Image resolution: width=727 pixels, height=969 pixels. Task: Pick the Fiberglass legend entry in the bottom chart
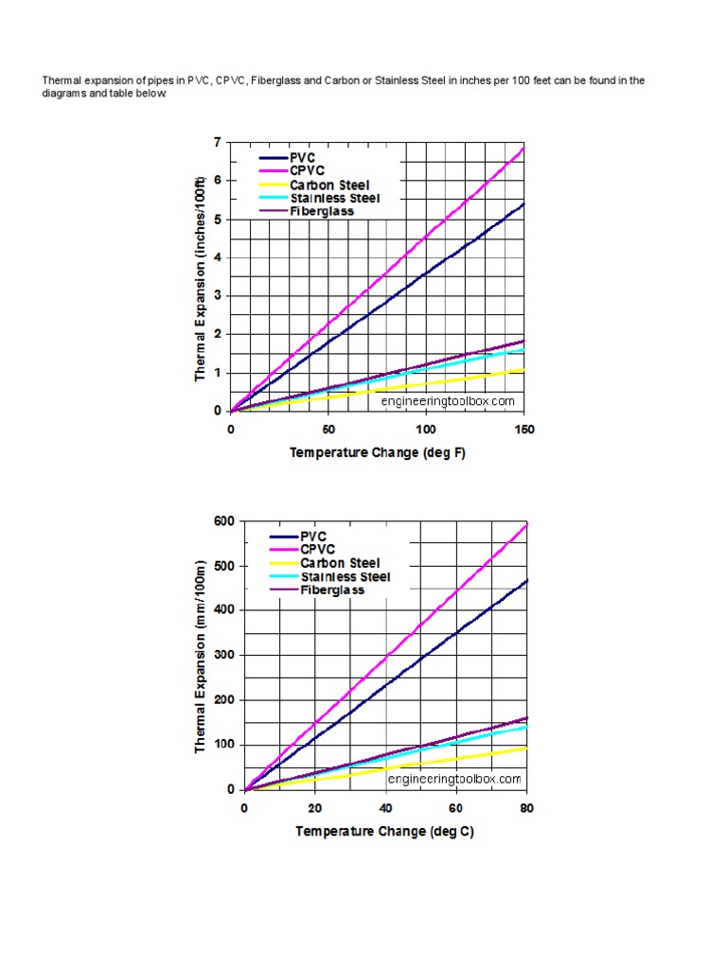point(332,590)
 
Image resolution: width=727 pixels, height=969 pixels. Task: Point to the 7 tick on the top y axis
point(218,142)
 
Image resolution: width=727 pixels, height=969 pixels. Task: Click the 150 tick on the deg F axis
point(523,429)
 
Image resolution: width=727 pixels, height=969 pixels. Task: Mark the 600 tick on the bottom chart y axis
point(223,521)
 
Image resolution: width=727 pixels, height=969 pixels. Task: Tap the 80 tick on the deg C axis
point(526,808)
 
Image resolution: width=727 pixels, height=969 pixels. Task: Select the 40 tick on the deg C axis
point(385,808)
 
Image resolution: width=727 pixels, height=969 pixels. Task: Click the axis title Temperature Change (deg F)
point(377,452)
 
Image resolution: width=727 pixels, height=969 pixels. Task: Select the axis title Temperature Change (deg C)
point(384,832)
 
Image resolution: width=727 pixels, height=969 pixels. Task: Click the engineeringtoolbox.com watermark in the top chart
point(448,401)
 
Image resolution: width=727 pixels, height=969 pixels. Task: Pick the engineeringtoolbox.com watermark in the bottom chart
point(454,779)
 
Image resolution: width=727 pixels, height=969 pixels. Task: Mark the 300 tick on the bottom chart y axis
point(223,655)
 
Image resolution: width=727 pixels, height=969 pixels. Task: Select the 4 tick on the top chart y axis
point(218,257)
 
